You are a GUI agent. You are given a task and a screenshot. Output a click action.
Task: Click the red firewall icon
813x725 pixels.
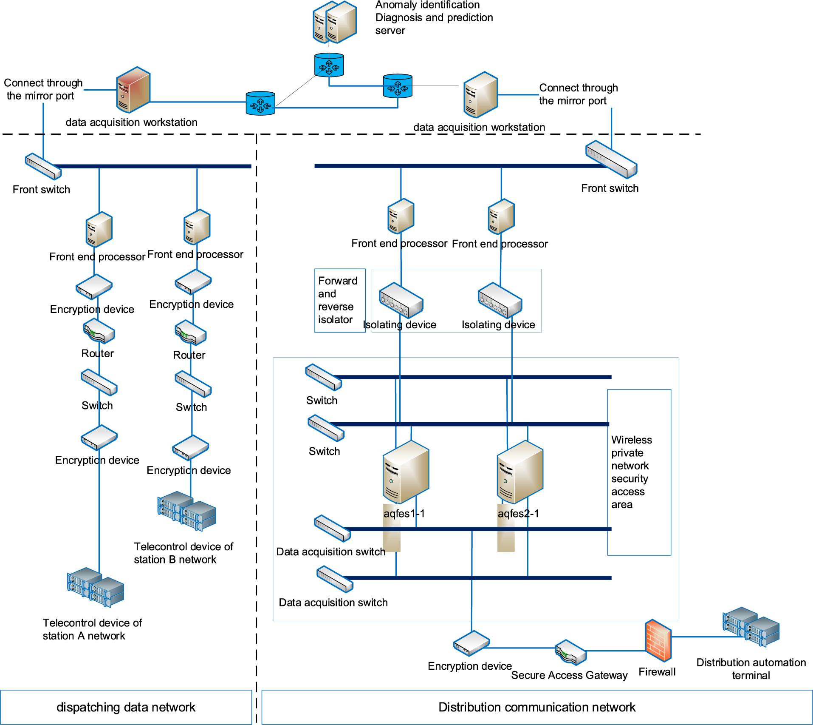(658, 640)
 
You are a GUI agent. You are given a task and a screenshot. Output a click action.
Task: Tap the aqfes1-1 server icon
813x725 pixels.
(406, 472)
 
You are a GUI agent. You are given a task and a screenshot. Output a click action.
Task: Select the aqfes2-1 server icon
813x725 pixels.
(520, 472)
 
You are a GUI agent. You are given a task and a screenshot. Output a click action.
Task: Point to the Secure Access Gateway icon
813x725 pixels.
(571, 652)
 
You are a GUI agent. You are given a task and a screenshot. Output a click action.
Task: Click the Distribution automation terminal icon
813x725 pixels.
(751, 627)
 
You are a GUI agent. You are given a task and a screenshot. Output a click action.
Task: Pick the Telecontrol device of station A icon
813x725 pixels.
(96, 587)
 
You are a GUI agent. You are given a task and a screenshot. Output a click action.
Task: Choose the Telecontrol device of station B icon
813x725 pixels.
(186, 511)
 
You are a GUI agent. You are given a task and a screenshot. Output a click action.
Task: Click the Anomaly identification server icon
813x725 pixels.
(334, 22)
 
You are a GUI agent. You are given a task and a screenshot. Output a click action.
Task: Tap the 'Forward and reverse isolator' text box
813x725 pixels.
(339, 300)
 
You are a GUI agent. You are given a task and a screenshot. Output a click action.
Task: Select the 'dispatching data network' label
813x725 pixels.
(126, 707)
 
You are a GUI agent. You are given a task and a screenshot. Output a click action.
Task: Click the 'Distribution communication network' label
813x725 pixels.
(536, 707)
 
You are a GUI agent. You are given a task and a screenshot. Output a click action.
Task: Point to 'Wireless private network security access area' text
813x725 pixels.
(631, 472)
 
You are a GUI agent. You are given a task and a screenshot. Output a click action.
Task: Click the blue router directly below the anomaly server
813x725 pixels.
(329, 65)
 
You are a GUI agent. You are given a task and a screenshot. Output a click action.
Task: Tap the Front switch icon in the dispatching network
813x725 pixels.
(43, 167)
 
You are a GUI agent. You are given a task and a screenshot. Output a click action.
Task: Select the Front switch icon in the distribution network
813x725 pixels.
(611, 159)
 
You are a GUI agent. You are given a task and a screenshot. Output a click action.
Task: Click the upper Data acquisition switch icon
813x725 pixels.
(332, 528)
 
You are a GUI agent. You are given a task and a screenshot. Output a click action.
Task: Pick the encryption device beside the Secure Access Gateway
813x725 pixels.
(471, 643)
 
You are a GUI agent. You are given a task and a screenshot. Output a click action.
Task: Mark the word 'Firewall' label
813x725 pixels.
(657, 672)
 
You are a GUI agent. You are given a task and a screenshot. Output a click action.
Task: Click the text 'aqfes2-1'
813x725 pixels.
(518, 514)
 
